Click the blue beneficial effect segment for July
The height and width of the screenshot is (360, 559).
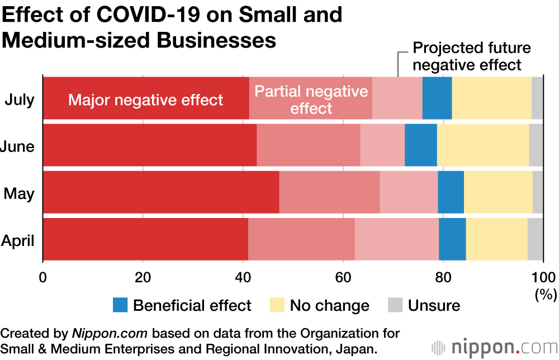[437, 98]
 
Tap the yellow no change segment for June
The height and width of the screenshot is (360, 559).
[482, 145]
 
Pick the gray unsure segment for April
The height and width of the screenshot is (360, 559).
[535, 239]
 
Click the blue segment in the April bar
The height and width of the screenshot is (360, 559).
[452, 239]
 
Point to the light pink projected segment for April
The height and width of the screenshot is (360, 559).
[397, 239]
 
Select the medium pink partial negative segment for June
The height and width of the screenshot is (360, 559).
[308, 145]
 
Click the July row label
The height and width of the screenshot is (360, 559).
[20, 100]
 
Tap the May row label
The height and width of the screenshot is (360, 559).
[19, 194]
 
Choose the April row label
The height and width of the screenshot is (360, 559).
[18, 241]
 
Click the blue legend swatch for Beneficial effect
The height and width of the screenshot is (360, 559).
[120, 305]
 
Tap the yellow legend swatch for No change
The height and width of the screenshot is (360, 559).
[278, 305]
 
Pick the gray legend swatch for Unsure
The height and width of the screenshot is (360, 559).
[395, 305]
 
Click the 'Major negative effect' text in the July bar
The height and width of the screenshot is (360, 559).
[146, 100]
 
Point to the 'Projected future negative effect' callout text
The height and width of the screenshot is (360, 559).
[471, 56]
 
